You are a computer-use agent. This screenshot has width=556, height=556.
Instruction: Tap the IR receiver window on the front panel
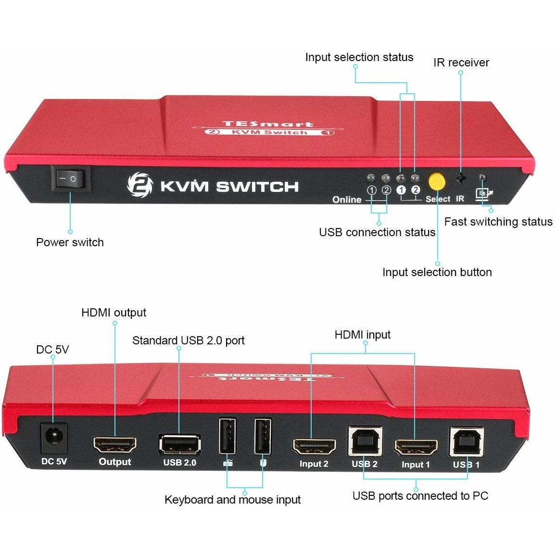coord(461,178)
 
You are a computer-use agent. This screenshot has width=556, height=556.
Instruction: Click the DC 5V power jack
coord(53,438)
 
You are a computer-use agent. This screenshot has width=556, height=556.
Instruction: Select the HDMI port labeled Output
coord(114,445)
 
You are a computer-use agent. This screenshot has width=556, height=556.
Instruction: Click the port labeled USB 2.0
coord(179,444)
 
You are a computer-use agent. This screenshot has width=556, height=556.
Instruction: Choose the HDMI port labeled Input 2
coord(314,447)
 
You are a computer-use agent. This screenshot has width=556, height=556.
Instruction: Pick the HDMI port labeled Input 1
coord(416,448)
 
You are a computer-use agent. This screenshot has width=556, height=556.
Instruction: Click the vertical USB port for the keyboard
coord(227,436)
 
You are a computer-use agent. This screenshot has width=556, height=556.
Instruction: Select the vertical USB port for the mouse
coord(263,436)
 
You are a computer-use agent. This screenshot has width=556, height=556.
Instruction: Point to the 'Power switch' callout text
coord(70,242)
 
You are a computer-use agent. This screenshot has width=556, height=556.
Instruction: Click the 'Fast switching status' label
coord(498,222)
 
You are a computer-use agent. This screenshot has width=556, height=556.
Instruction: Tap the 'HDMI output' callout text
coord(114,313)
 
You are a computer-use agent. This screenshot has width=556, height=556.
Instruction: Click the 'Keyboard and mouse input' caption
coord(232,500)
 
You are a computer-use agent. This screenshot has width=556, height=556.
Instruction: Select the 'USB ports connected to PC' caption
coord(420,496)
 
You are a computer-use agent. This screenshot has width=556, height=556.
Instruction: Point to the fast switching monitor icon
coord(484,194)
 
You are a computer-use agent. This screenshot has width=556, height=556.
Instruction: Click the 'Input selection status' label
coord(359,57)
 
